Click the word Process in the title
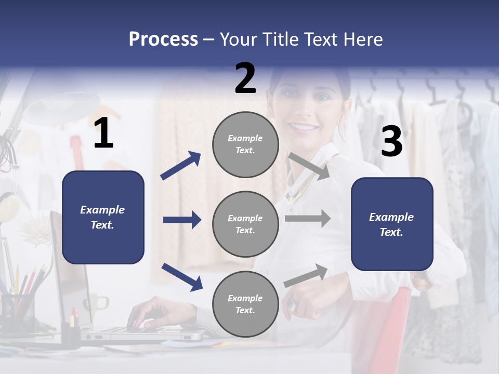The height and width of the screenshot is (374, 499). click(163, 39)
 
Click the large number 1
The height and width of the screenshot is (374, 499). click(103, 133)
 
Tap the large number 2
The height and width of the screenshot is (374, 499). click(245, 78)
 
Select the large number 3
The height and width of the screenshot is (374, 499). click(391, 142)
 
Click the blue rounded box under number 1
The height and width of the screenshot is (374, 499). click(103, 217)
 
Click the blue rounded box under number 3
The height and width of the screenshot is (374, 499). click(392, 224)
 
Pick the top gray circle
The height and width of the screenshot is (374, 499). click(245, 144)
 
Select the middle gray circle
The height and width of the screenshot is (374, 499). click(245, 224)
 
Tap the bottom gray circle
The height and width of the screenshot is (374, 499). click(245, 304)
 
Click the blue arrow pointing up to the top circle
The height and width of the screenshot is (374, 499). click(180, 166)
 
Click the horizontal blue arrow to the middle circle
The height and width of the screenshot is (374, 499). click(182, 220)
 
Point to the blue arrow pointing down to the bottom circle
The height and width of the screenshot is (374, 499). click(182, 276)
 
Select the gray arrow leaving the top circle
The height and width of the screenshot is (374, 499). click(309, 166)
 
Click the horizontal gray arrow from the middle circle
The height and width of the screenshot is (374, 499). click(307, 219)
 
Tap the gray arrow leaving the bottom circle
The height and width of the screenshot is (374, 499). click(306, 275)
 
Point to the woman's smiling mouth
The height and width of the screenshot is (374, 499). click(303, 127)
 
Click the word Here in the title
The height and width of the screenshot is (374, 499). click(362, 39)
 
